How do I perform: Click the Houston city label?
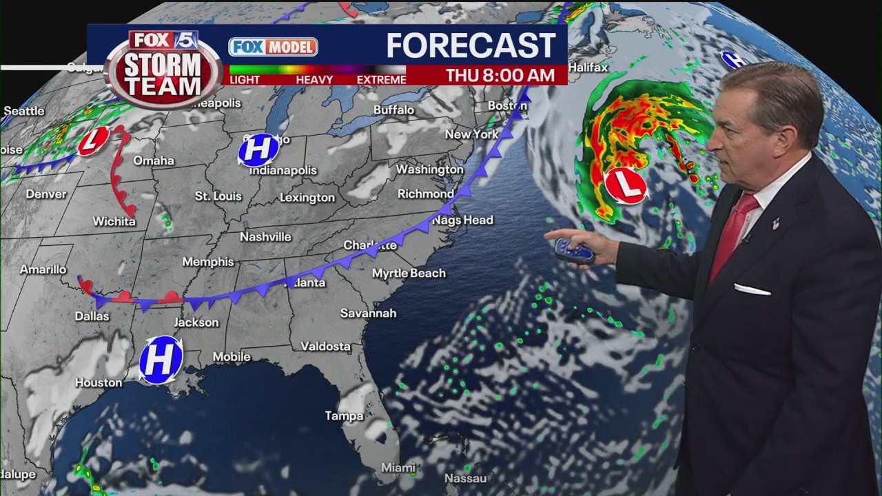point(99,383)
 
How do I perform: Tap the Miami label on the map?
point(398,468)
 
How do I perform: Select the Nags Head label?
point(462,220)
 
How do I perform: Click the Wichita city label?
point(114,221)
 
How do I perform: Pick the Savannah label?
point(368,313)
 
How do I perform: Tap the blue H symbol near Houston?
point(161,359)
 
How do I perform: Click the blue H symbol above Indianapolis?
point(258,149)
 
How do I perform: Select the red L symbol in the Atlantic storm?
point(626,185)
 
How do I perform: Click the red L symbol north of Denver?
point(93,141)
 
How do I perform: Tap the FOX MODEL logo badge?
point(273,47)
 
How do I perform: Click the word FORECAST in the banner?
point(471,46)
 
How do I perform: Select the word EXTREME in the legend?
point(381,80)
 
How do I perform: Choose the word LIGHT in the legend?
point(245,80)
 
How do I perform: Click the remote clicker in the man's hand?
point(574,251)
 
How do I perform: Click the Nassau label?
point(465,478)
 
